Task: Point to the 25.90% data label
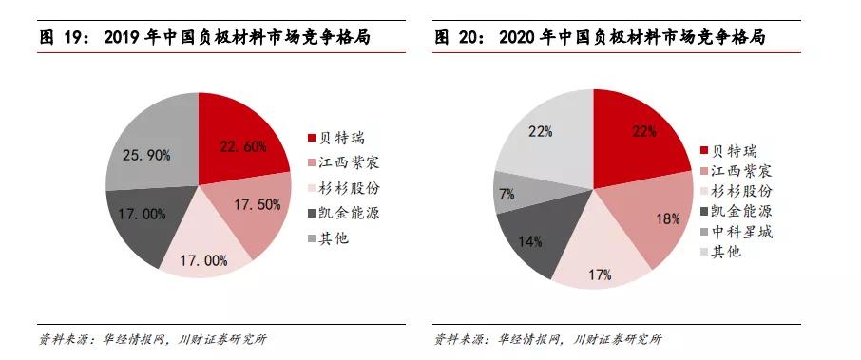click(144, 154)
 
